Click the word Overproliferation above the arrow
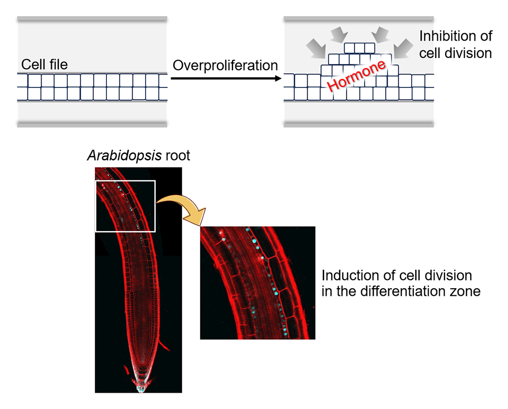[x=225, y=65]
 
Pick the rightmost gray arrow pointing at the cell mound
[x=403, y=49]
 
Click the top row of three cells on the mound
[x=359, y=48]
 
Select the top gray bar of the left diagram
[x=92, y=19]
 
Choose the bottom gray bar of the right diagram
[x=359, y=124]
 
